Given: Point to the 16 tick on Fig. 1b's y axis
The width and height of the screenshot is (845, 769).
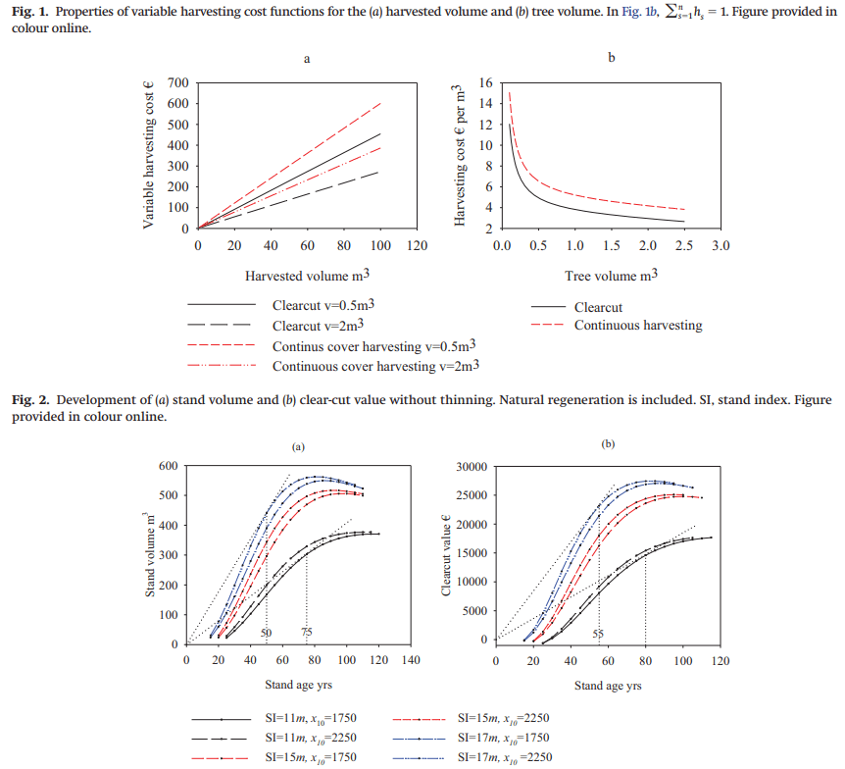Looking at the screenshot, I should point(484,83).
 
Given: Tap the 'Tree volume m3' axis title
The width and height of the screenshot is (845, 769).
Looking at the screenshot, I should point(611,276).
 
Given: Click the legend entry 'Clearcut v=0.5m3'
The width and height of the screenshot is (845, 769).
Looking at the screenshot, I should point(323,306).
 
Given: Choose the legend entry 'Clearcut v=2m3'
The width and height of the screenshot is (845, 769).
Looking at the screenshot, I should point(320,326).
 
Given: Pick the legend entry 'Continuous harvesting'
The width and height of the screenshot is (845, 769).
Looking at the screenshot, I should point(638,326).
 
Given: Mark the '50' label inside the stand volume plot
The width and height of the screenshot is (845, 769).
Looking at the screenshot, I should point(266,634).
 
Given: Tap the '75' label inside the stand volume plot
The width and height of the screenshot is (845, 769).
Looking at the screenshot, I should point(306,634).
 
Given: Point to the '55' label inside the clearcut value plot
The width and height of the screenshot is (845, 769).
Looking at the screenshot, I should point(598,634).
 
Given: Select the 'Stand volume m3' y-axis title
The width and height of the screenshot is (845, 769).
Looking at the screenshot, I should point(151,554).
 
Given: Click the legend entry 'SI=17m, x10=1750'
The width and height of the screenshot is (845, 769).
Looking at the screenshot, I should point(504,737).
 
